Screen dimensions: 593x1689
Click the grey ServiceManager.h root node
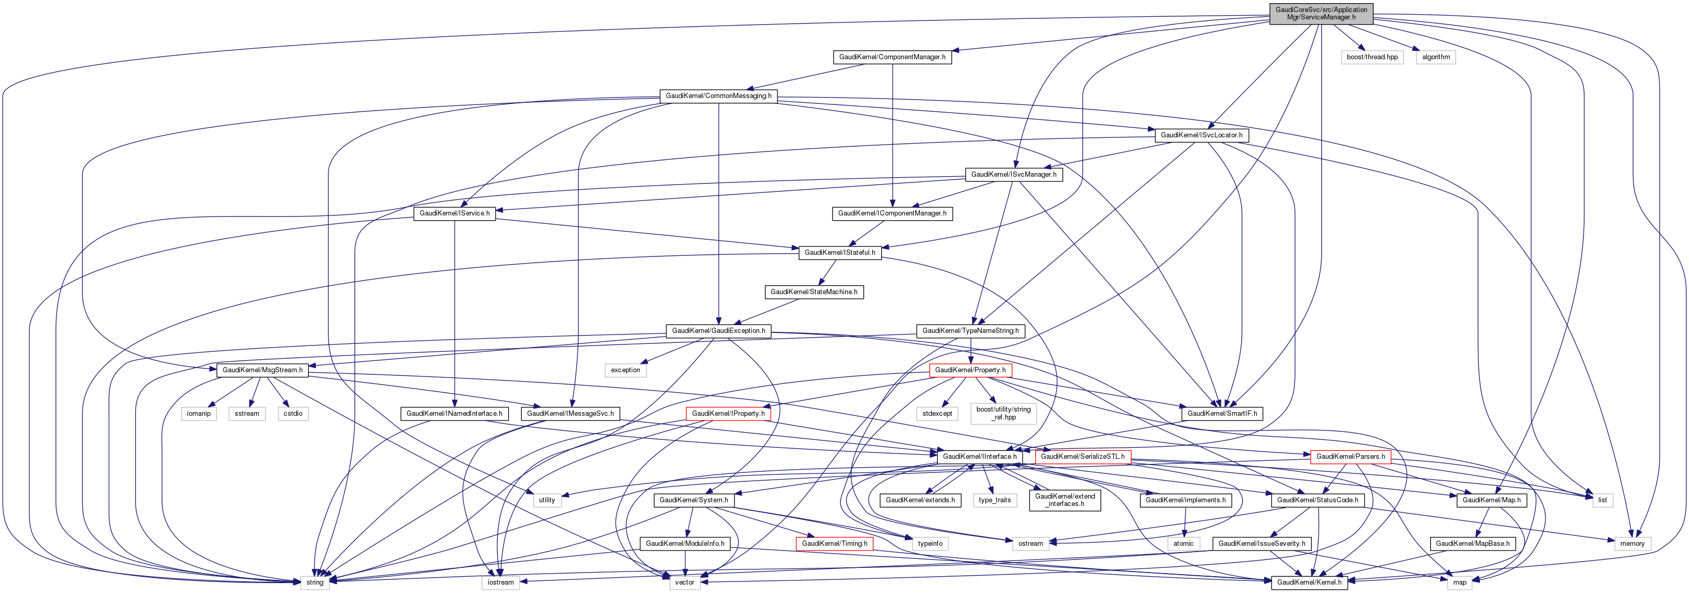pyautogui.click(x=1321, y=13)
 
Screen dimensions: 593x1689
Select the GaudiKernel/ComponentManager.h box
pyautogui.click(x=892, y=57)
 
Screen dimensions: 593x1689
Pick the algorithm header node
pyautogui.click(x=1436, y=57)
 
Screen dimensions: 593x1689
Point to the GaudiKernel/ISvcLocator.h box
pyautogui.click(x=1201, y=135)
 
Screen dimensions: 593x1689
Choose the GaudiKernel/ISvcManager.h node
pyautogui.click(x=1013, y=175)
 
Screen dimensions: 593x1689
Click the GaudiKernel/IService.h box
pyautogui.click(x=454, y=213)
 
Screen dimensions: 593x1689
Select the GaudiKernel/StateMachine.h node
pyautogui.click(x=814, y=292)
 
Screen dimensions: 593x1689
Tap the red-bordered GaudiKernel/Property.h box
pyautogui.click(x=970, y=370)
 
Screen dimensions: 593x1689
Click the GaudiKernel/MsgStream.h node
pyautogui.click(x=262, y=370)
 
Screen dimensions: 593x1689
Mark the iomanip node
pyautogui.click(x=199, y=413)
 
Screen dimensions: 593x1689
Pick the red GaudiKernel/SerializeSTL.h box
pyautogui.click(x=1082, y=457)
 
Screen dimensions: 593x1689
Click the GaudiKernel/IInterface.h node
pyautogui.click(x=980, y=457)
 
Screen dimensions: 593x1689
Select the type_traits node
pyautogui.click(x=995, y=500)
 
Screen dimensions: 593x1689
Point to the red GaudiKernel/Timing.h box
pyautogui.click(x=834, y=543)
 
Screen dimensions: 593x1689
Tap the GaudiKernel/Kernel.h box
pyautogui.click(x=1309, y=583)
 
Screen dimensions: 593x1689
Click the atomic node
pyautogui.click(x=1183, y=543)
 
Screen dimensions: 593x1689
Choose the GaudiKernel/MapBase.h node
pyautogui.click(x=1473, y=543)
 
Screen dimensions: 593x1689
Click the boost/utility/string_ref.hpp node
pyautogui.click(x=1003, y=413)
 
